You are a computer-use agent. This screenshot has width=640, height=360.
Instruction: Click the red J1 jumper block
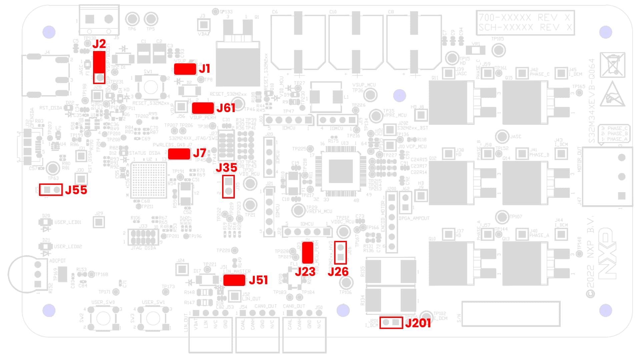coord(185,69)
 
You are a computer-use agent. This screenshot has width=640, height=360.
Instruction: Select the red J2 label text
coord(99,44)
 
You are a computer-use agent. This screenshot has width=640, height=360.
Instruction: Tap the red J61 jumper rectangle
coord(203,108)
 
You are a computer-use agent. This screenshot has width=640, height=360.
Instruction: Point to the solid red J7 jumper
coord(179,154)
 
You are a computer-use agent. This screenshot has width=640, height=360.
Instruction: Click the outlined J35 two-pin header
coord(228,187)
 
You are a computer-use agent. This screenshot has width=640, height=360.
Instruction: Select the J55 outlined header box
coord(51,190)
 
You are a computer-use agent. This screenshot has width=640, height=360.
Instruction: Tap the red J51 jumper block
coord(234,280)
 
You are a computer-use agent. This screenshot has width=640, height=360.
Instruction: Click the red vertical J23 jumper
coord(307,253)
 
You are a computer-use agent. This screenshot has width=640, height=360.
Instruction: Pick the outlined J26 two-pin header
coord(341,253)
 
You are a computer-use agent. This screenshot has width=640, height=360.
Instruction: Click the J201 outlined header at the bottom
coord(391,323)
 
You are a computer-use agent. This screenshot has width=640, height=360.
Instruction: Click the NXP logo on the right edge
coord(607,254)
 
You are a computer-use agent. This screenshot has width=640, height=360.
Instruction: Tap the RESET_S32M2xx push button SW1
coord(150,87)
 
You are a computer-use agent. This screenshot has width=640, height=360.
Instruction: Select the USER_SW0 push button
coord(103,319)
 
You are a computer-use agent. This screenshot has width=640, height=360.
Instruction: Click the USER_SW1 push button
coord(153,319)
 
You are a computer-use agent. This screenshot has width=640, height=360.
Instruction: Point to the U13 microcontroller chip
coord(341,171)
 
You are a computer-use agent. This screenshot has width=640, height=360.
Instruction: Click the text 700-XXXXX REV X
coord(525,18)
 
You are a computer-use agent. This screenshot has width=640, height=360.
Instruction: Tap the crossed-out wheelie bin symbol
coord(612,65)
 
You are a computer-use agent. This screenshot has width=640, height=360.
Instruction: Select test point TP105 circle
coord(499,50)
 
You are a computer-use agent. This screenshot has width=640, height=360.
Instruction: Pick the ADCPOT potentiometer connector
coord(38,274)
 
